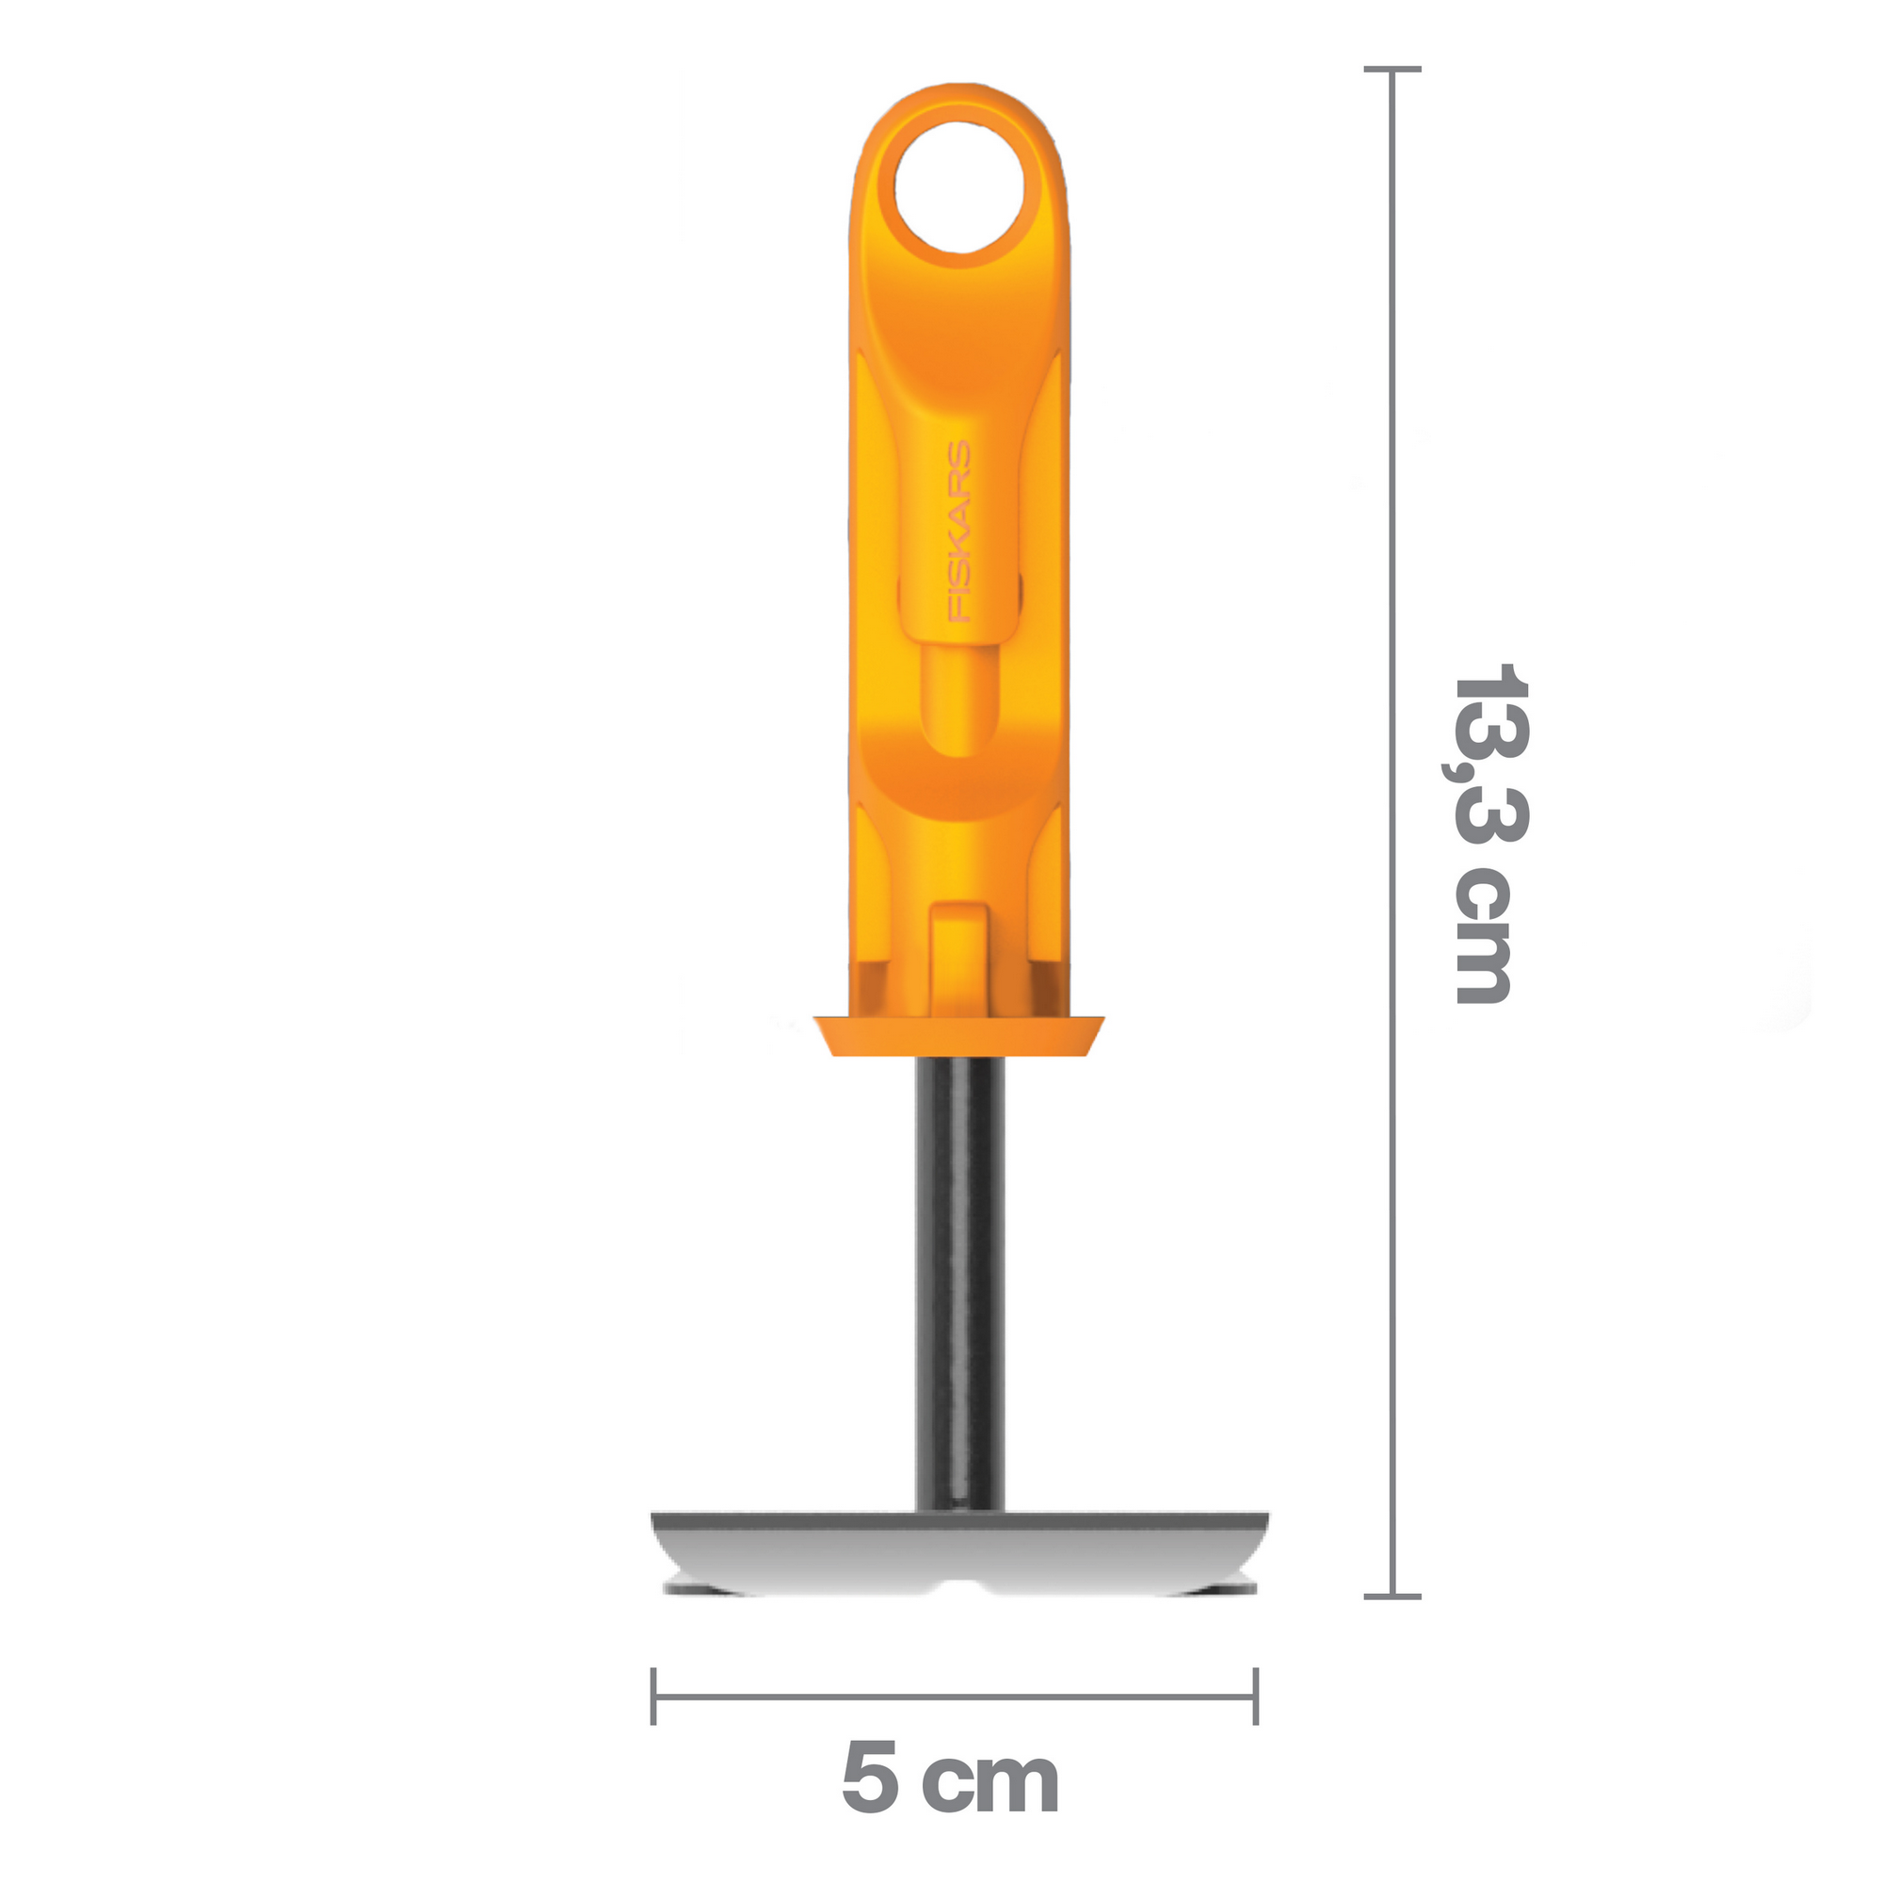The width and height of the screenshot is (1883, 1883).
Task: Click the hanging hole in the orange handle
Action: (x=959, y=185)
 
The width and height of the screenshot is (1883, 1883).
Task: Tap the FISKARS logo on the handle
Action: (x=961, y=532)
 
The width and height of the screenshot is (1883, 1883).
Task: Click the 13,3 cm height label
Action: (x=1486, y=833)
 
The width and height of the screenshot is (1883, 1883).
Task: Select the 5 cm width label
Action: (x=950, y=1780)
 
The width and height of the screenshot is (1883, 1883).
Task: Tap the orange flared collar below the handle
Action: (x=960, y=1035)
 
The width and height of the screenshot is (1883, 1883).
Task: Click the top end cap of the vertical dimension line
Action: (x=1392, y=69)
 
